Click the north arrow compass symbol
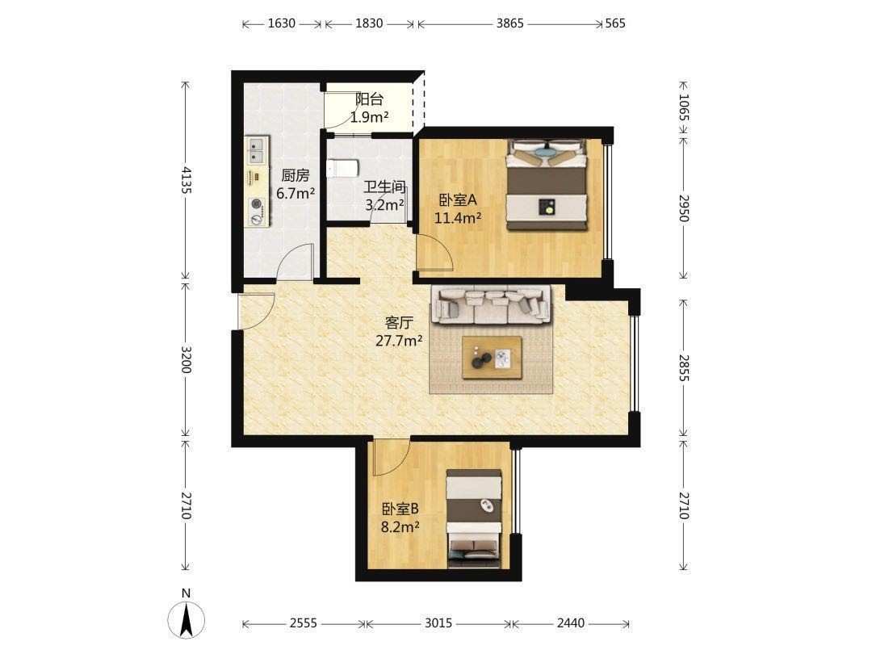point(187,618)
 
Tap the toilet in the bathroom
point(342,169)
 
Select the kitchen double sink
point(256,151)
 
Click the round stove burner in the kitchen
point(257,203)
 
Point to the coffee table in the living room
point(493,357)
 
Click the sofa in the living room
point(492,304)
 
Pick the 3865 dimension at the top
point(509,23)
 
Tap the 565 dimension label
point(615,23)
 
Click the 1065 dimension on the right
point(684,107)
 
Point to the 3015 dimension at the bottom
point(438,623)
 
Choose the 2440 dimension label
point(571,623)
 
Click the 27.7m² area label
point(398,341)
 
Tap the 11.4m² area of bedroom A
point(458,217)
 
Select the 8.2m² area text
point(400,526)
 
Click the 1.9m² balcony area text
point(369,117)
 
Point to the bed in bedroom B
point(475,519)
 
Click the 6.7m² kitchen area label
point(296,194)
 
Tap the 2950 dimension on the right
point(684,208)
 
